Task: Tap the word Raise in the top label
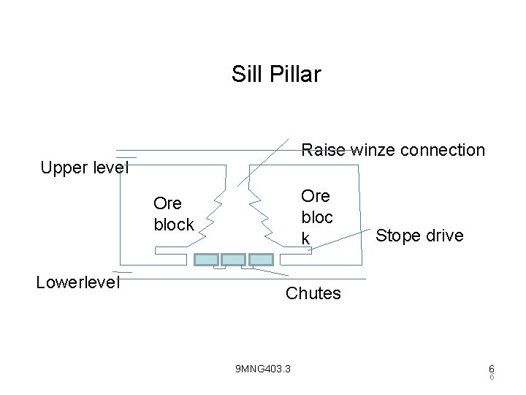(324, 150)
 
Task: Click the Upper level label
(85, 168)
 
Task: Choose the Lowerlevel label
(78, 283)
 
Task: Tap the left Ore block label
(173, 214)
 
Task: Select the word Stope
(397, 236)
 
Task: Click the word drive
(443, 236)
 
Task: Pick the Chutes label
(313, 293)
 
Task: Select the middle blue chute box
(233, 260)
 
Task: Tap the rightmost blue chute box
(260, 260)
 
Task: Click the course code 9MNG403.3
(262, 368)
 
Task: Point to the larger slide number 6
(492, 369)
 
